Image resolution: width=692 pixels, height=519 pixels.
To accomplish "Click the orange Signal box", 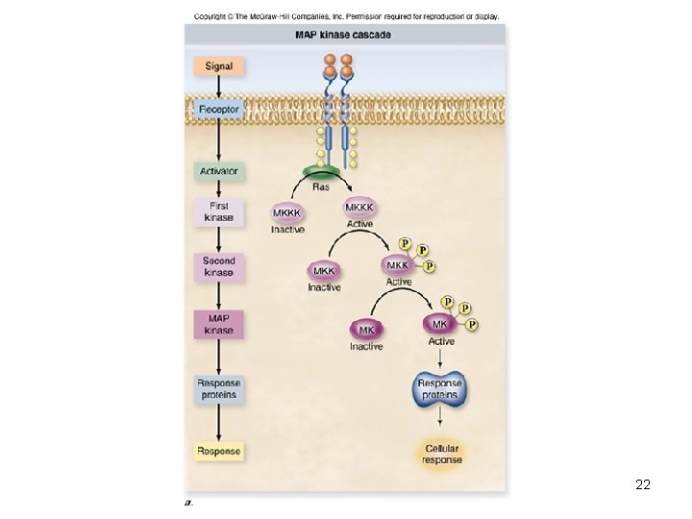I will click(x=218, y=66).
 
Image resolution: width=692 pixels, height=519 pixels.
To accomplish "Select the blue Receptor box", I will click(x=218, y=110).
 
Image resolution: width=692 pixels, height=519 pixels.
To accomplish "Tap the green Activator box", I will click(x=218, y=171).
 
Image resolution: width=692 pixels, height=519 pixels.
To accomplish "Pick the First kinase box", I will click(x=218, y=211).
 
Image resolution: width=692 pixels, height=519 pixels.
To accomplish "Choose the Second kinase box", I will click(x=218, y=266).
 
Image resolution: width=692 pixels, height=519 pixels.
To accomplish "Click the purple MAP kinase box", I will click(x=218, y=324).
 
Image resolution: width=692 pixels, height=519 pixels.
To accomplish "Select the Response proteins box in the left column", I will click(x=218, y=388).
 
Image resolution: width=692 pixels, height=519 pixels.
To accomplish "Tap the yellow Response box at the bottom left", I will click(x=218, y=450).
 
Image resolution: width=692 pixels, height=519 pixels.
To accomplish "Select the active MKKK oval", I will click(x=359, y=209).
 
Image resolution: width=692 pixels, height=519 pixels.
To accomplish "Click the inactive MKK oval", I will click(x=324, y=272).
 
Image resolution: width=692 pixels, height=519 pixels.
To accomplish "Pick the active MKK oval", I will click(x=398, y=264).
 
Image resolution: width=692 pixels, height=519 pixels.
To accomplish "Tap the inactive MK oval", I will click(x=366, y=330).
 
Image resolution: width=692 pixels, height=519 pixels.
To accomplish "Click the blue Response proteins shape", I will click(x=440, y=388).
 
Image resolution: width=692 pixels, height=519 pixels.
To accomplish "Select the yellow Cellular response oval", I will click(x=441, y=454).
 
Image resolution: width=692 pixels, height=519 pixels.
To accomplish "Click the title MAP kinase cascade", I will click(x=342, y=36).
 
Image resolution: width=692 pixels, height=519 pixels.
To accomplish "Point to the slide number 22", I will click(x=643, y=484).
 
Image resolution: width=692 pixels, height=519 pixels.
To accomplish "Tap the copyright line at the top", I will click(x=346, y=16).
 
